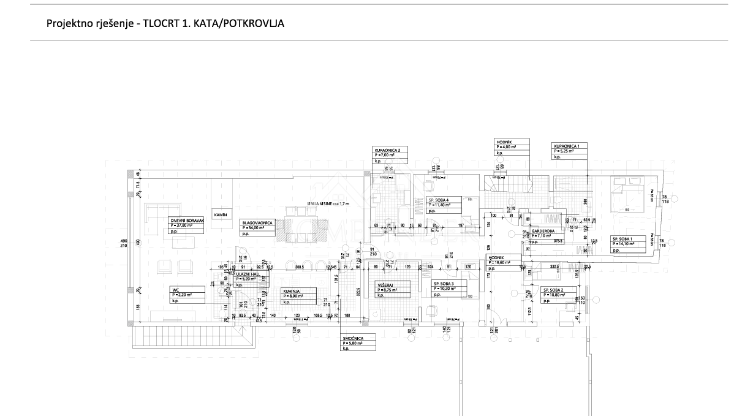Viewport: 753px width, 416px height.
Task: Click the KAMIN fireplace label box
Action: (x=221, y=214)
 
